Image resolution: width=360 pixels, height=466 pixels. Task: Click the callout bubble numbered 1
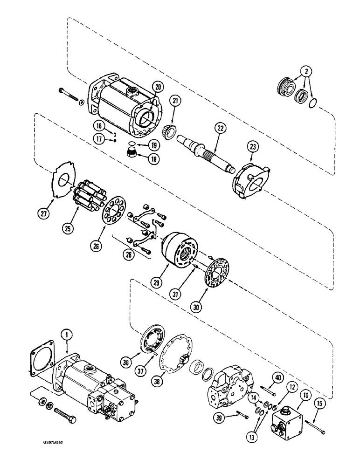(66, 334)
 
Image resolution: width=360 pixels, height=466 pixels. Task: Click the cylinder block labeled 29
(179, 249)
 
